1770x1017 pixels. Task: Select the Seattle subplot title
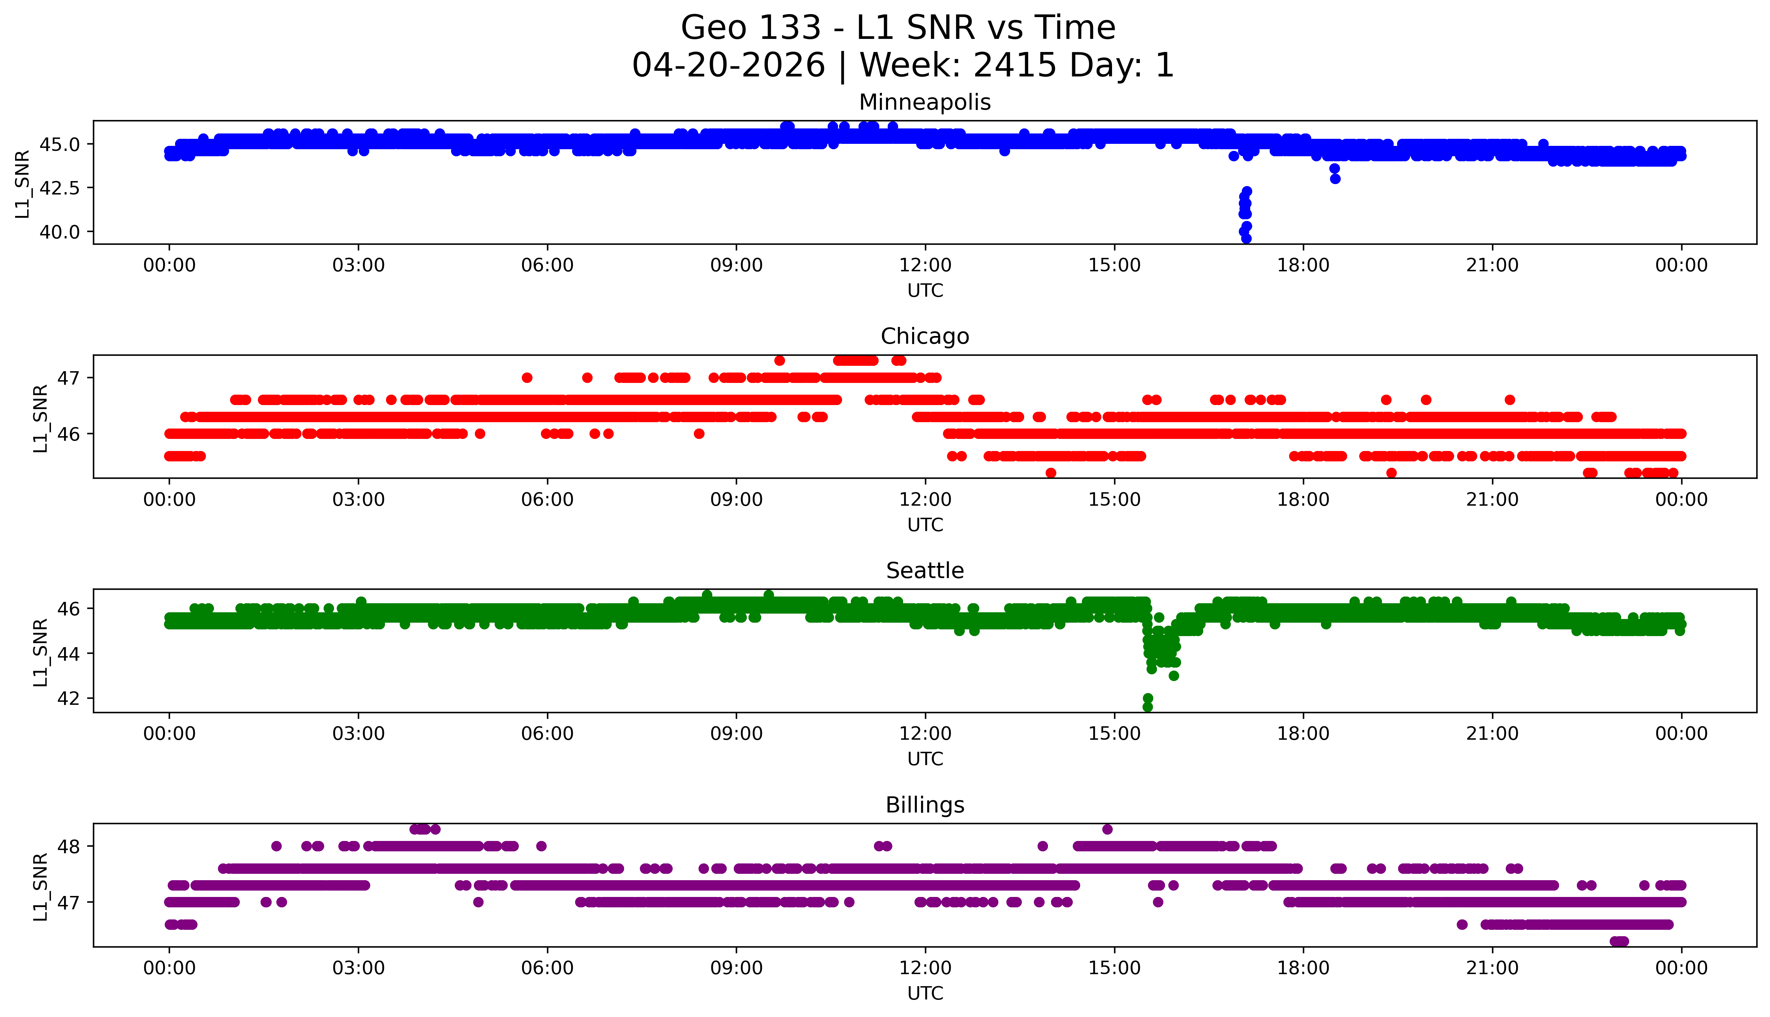pos(925,571)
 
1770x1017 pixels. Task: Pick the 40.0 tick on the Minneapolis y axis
pos(60,231)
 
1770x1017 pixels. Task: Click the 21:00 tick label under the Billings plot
pos(1492,968)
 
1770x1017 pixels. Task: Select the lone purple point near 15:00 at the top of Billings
pos(1107,829)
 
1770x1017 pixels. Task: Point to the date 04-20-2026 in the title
pos(728,66)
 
